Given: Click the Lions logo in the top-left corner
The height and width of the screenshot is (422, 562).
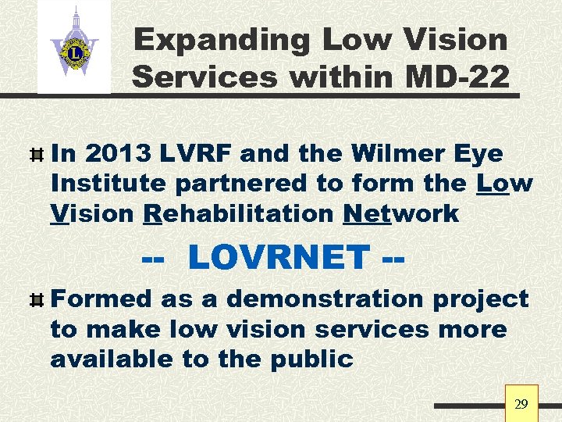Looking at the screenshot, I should coord(74,46).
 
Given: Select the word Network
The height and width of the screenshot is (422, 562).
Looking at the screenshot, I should coord(400,213).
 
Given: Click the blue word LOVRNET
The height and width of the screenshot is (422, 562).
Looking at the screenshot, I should coord(279,256).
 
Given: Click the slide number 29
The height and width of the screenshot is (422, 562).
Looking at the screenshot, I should coord(521,404).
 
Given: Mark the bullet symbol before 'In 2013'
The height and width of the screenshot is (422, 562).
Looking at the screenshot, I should coord(35,155).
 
